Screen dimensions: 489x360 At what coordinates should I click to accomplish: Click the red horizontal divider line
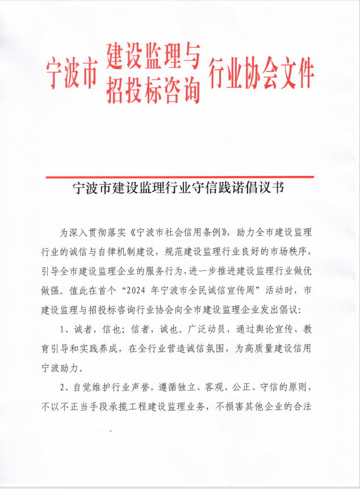point(179,177)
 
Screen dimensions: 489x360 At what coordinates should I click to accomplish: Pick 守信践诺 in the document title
point(215,188)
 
